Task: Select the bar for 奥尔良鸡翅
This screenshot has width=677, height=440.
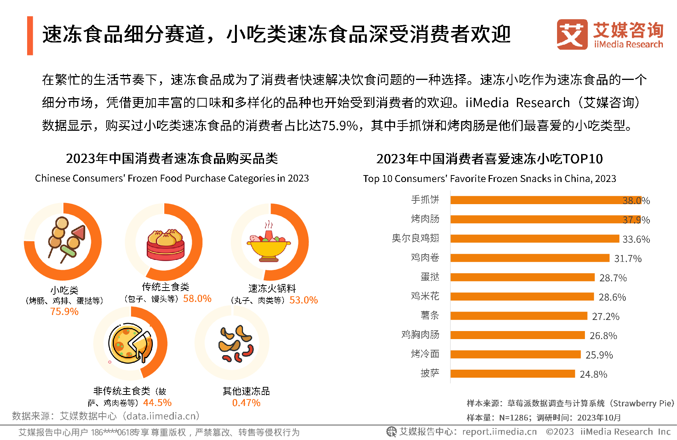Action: (535, 239)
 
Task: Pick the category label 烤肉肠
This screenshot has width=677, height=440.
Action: (425, 219)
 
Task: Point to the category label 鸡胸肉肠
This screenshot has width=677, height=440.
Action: (420, 334)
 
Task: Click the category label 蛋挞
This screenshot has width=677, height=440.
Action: (430, 277)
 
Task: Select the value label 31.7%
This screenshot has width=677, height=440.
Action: (628, 259)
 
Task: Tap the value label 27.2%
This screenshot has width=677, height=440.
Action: (606, 317)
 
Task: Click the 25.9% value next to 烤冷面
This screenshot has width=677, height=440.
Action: (599, 355)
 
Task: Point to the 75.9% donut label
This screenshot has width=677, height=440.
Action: (64, 312)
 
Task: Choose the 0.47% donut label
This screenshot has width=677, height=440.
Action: (246, 403)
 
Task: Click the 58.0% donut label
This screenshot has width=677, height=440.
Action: (197, 299)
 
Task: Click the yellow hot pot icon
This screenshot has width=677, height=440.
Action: (269, 242)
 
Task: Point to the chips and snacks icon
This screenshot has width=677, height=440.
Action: (235, 344)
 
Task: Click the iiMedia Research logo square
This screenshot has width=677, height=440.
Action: (572, 34)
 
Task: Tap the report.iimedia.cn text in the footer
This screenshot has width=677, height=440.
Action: (499, 432)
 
